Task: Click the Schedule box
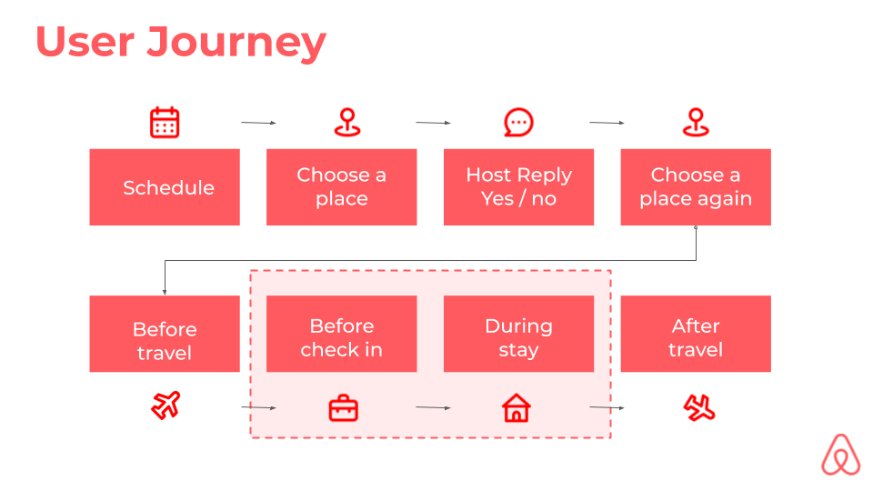click(x=165, y=187)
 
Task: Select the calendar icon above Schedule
click(x=165, y=123)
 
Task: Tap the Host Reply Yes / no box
click(x=519, y=187)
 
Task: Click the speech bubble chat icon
click(x=518, y=123)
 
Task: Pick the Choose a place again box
click(x=696, y=187)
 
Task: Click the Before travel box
click(x=165, y=334)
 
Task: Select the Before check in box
click(x=342, y=334)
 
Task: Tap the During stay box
click(x=519, y=334)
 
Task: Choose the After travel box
click(x=696, y=334)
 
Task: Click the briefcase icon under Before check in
click(x=344, y=409)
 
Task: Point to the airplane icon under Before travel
click(x=166, y=406)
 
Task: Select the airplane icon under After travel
click(x=699, y=408)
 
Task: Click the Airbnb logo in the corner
click(x=840, y=455)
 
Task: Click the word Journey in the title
click(x=236, y=43)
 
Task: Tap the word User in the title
click(x=85, y=42)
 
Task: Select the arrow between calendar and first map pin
click(x=258, y=123)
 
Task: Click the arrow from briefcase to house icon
click(x=433, y=407)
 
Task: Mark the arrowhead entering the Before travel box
click(x=165, y=292)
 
